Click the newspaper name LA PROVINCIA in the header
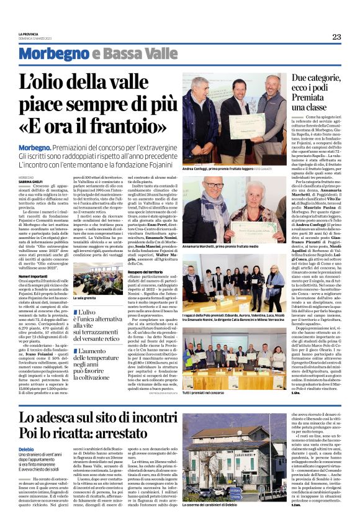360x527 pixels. coord(28,34)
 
